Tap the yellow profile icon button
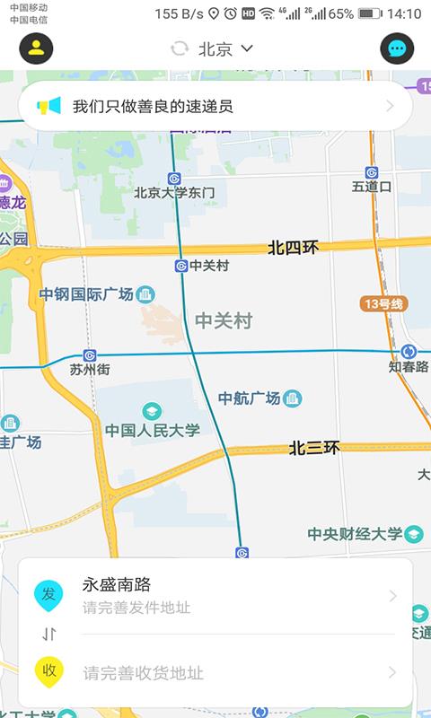36,48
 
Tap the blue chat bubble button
397,48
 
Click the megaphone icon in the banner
48,106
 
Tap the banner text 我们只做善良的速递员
153,107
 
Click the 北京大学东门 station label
175,192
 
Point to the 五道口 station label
372,187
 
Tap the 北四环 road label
293,248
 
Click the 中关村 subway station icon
181,266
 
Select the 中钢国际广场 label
86,294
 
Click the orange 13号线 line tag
384,303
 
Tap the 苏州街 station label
90,369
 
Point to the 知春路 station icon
409,352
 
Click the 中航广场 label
250,398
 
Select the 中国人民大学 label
153,430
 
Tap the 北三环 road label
314,448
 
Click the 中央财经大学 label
355,534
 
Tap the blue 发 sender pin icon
48,595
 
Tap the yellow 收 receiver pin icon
48,671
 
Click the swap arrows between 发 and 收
49,635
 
